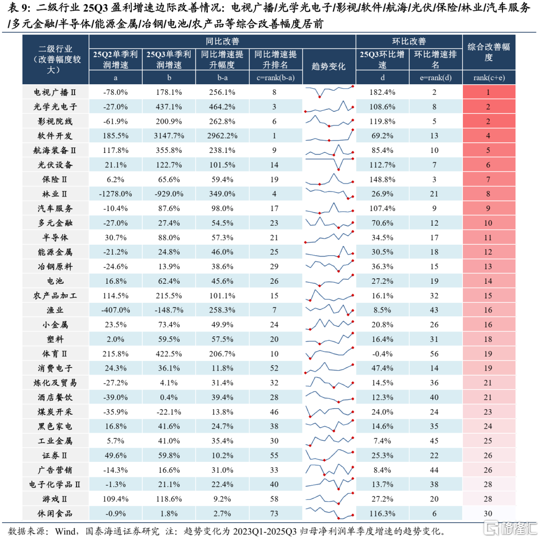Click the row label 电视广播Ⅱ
tap(56, 92)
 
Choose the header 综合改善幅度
tap(488, 52)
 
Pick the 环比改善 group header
tap(409, 42)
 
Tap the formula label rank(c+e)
tap(488, 78)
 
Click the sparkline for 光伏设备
tap(329, 164)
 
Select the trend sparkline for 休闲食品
tap(329, 513)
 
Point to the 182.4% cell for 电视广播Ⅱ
tap(382, 92)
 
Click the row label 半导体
tap(56, 237)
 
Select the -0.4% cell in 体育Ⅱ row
tap(382, 353)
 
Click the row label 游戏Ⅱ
tap(56, 499)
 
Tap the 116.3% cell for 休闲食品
tap(382, 513)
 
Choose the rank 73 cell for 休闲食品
tap(275, 513)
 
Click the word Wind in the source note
tap(65, 530)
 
